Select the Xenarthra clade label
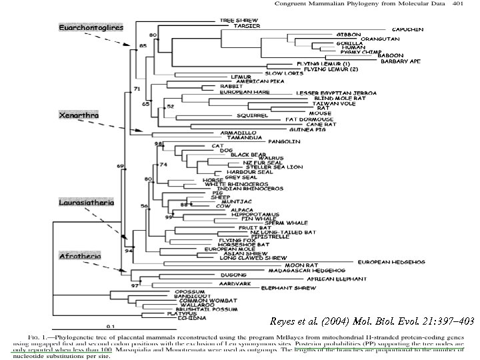(79, 115)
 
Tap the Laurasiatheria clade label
(85, 201)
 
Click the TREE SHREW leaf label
(237, 21)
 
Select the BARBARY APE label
(400, 61)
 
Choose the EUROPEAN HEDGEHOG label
(393, 262)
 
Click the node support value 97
(134, 285)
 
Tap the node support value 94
(129, 251)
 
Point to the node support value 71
(137, 89)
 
